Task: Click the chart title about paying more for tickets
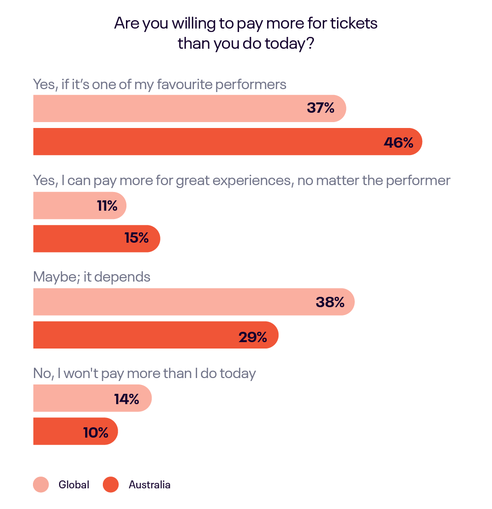point(246,33)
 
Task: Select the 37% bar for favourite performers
point(189,108)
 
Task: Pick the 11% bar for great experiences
point(79,205)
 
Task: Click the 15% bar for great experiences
point(96,239)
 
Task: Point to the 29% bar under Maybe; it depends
point(155,335)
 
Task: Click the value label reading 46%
point(398,142)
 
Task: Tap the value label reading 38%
point(330,302)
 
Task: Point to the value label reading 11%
point(107,206)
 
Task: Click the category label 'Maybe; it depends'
point(92,277)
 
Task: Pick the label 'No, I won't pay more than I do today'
point(144,374)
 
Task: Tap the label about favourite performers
point(159,84)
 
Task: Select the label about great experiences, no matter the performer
point(241,181)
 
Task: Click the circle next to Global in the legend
point(41,485)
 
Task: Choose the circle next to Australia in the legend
point(111,485)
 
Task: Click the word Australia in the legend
point(150,485)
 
